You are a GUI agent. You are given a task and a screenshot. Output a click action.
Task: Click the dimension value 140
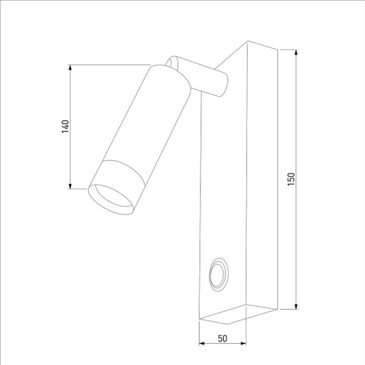point(65,126)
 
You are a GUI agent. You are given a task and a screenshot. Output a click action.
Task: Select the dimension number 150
point(291,180)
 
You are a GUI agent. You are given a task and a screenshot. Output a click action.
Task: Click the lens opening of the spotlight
point(111,199)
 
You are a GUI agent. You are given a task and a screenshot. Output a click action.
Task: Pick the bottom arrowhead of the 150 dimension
point(296,306)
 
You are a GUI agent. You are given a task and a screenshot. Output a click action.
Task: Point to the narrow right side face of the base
point(263,179)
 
